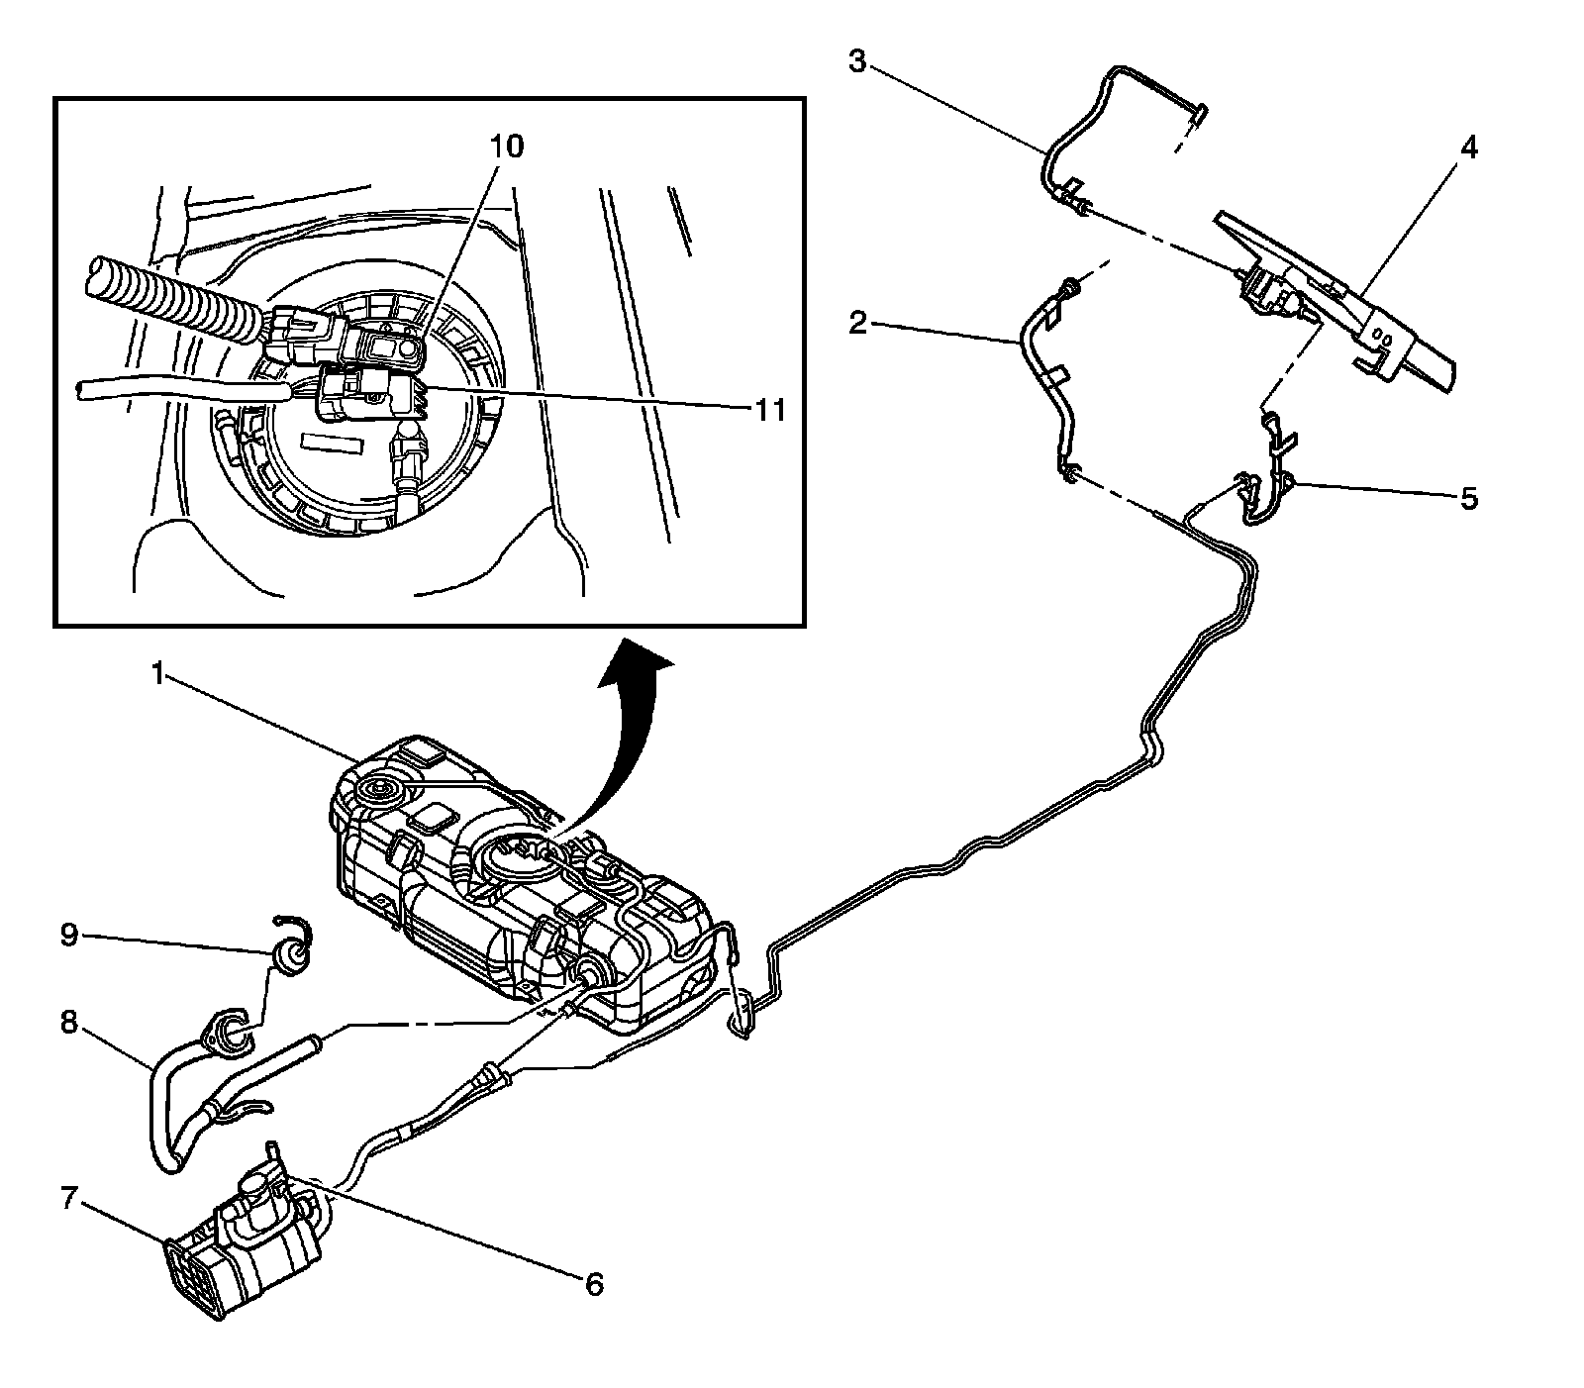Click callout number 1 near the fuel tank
(157, 675)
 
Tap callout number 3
(857, 62)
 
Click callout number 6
(593, 1284)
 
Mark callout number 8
(68, 1022)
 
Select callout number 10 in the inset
(505, 147)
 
